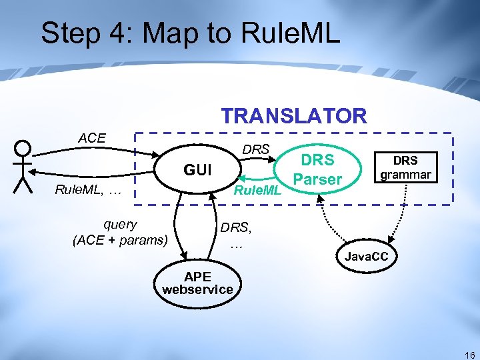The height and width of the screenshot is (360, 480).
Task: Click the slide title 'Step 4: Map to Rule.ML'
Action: click(x=190, y=33)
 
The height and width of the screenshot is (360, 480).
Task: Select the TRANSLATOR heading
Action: click(x=294, y=116)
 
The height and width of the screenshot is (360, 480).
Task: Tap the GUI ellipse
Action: click(x=197, y=171)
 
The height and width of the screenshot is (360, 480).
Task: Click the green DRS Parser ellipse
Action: click(x=317, y=170)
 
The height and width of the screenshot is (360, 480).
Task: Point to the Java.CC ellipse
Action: click(x=366, y=256)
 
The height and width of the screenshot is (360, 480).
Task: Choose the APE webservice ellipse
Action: click(x=197, y=283)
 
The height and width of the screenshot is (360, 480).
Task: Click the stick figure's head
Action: click(x=23, y=148)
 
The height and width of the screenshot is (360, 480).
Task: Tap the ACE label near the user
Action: click(x=92, y=138)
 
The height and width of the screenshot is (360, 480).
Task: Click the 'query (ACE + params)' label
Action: click(x=120, y=232)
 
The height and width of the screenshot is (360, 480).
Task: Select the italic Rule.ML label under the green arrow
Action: click(x=257, y=191)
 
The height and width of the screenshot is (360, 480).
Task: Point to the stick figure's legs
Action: click(x=23, y=184)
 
